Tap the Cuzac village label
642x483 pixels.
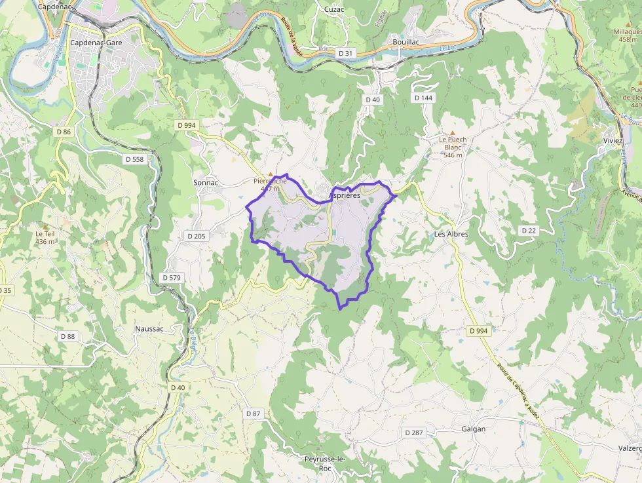click(x=334, y=9)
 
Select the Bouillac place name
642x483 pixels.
click(x=406, y=41)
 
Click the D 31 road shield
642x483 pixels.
click(x=345, y=52)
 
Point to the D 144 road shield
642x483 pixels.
click(x=423, y=98)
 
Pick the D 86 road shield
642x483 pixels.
click(x=64, y=132)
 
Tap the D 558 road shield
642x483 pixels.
click(x=134, y=159)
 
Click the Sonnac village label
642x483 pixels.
click(x=206, y=183)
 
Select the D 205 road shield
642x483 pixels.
click(x=196, y=236)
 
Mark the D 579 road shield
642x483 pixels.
click(x=171, y=278)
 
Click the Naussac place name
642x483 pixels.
click(x=149, y=328)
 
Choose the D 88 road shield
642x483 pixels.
click(x=67, y=336)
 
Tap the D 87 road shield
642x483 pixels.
click(x=253, y=414)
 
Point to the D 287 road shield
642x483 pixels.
click(x=414, y=433)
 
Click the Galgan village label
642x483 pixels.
click(x=474, y=429)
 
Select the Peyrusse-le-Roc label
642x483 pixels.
click(x=325, y=463)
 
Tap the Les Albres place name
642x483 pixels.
click(x=451, y=234)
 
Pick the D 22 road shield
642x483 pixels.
click(x=529, y=231)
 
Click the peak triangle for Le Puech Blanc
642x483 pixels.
click(x=452, y=132)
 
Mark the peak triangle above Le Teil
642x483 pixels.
click(x=45, y=226)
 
